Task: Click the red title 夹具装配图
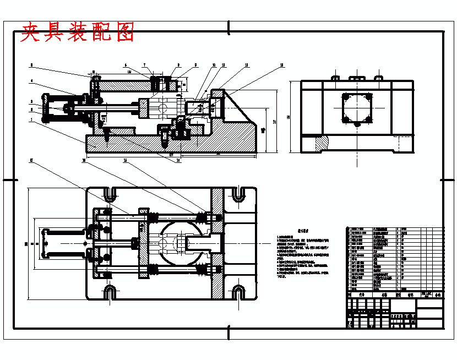(x=77, y=33)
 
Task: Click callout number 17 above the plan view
(x=31, y=161)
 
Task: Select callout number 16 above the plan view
(x=84, y=161)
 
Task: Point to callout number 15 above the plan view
(x=125, y=161)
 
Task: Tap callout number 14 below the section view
(x=177, y=160)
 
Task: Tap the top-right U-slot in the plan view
(x=238, y=194)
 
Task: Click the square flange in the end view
(x=357, y=108)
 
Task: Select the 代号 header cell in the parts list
(x=362, y=296)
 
